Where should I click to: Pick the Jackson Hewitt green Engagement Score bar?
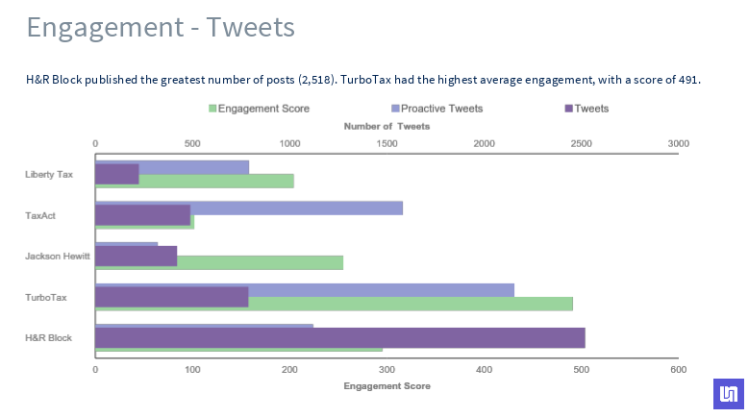click(260, 262)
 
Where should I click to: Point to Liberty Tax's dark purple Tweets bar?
click(116, 174)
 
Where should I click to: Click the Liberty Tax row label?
click(49, 175)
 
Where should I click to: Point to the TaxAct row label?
click(40, 215)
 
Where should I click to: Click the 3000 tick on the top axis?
click(678, 143)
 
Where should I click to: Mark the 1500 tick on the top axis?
click(386, 143)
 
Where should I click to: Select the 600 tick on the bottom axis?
click(678, 370)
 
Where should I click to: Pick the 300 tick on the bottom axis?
click(386, 370)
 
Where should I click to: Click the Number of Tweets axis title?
click(386, 126)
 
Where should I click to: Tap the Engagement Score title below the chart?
click(386, 386)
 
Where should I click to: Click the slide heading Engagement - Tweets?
click(161, 27)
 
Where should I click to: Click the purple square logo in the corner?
click(728, 394)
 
